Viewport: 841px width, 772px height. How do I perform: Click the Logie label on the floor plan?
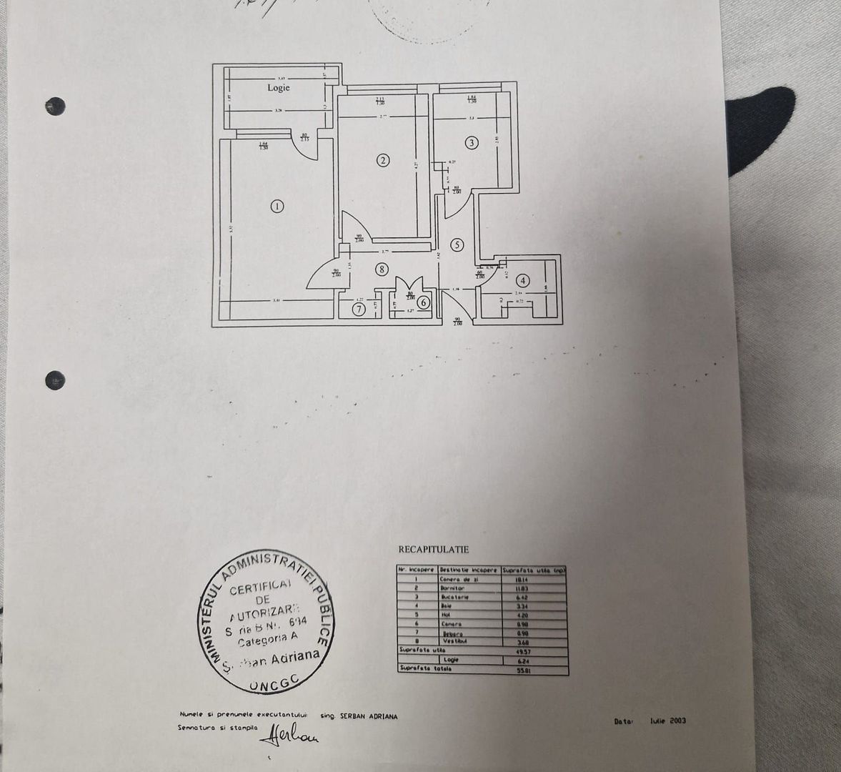tap(279, 87)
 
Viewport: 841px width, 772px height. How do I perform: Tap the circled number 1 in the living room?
tap(277, 207)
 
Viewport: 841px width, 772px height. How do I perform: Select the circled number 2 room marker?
tap(383, 160)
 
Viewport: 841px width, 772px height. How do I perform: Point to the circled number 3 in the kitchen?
tap(471, 143)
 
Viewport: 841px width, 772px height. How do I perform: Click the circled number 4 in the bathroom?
tap(524, 280)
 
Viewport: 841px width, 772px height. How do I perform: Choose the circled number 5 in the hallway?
tap(457, 244)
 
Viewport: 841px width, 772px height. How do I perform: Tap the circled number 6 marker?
tap(424, 302)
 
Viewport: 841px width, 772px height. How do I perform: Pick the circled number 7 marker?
tap(359, 309)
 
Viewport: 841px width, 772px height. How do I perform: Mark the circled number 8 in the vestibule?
tap(383, 269)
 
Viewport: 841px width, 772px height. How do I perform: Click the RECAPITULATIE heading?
tap(433, 550)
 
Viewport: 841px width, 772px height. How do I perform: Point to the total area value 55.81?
tap(529, 670)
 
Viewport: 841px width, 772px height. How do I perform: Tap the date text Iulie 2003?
tap(668, 721)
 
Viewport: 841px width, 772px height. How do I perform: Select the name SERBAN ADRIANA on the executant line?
tap(369, 716)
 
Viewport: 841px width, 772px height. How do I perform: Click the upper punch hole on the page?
tap(55, 106)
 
